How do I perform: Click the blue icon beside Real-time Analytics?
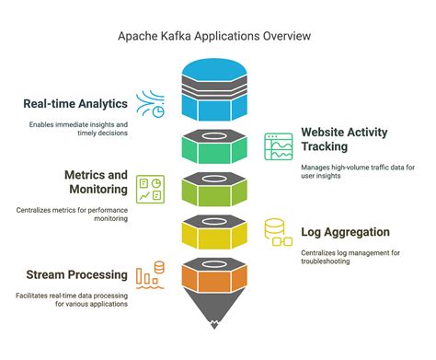[151, 102]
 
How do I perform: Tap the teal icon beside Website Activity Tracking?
[279, 147]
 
